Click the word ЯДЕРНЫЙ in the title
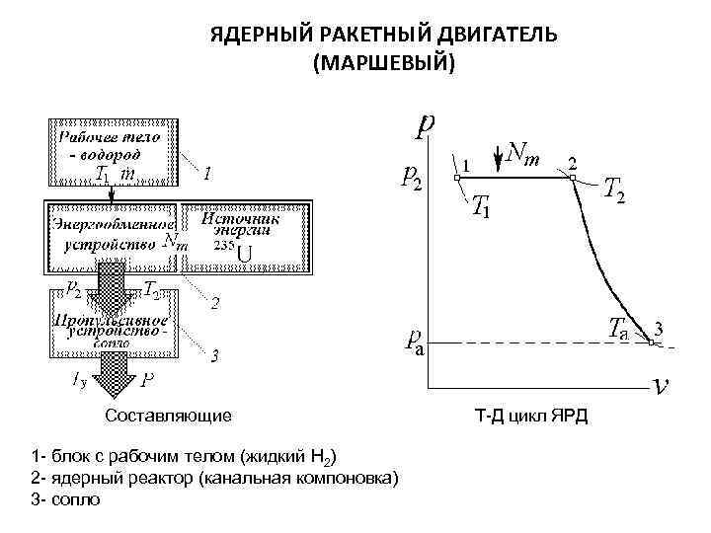tap(260, 36)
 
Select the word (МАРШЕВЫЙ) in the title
tap(384, 63)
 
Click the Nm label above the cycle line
tap(522, 153)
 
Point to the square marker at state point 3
tap(651, 342)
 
